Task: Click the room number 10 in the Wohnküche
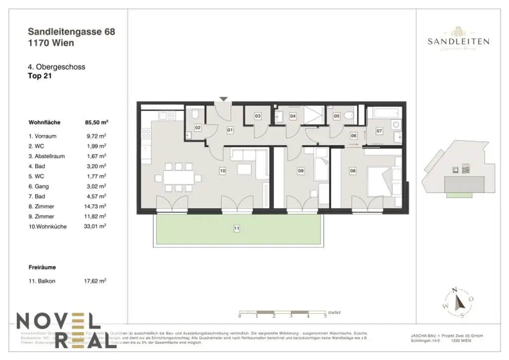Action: [223, 171]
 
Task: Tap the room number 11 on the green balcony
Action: [237, 229]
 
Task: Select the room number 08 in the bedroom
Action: [353, 171]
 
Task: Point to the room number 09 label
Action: [301, 171]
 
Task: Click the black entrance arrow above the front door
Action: [224, 99]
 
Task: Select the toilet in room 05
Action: [349, 116]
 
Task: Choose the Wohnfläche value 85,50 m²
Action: [97, 121]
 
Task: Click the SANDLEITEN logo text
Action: [458, 42]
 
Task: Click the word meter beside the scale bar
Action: [335, 312]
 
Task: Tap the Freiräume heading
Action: [42, 267]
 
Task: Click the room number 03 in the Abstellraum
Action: [257, 116]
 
